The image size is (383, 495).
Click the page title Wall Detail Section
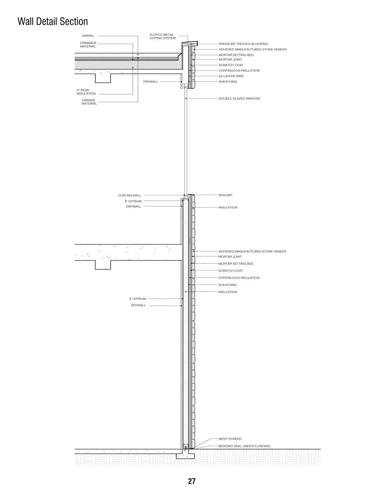[53, 22]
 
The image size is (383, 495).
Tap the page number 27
[191, 481]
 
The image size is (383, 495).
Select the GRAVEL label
[88, 36]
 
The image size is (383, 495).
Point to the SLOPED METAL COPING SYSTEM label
[162, 36]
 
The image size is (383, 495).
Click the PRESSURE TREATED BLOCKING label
[243, 44]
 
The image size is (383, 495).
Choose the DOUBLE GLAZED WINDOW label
[239, 98]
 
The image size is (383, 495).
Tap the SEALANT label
[225, 195]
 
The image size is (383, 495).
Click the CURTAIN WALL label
[129, 195]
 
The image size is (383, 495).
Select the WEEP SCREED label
[230, 439]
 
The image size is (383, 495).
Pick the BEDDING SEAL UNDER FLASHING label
[244, 446]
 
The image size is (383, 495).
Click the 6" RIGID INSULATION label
[86, 92]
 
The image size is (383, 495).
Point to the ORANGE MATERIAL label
[89, 102]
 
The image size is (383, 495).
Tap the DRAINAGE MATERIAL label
[88, 45]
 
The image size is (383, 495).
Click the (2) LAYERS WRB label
[231, 76]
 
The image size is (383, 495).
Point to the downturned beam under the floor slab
[103, 265]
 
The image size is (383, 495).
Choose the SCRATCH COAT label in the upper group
[231, 65]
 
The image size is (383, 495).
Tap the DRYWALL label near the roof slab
[150, 82]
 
